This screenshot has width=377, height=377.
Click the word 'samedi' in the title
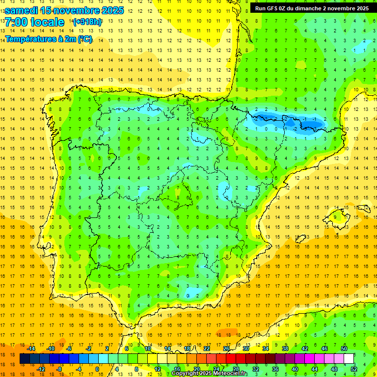point(22,10)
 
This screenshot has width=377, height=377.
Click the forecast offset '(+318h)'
point(88,22)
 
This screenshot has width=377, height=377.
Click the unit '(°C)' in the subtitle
point(84,39)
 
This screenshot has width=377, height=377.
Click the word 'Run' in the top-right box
point(260,8)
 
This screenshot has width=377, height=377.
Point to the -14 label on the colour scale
point(31,349)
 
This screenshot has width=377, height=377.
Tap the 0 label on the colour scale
point(97,369)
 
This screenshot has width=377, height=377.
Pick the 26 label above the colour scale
point(226,349)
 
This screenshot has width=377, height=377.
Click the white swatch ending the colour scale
point(349,359)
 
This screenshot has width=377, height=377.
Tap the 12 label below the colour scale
point(158,369)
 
